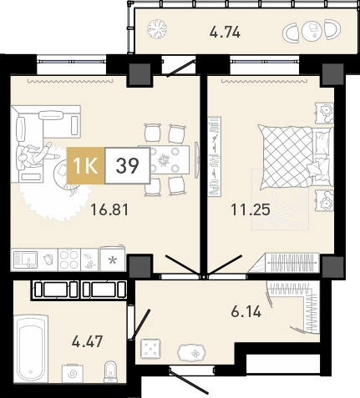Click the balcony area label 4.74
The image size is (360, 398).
pos(225,33)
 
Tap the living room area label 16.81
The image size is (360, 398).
pos(109,209)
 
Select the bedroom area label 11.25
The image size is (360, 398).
pos(250,209)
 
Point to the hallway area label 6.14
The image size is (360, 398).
pos(246,311)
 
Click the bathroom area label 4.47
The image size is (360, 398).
pos(87,341)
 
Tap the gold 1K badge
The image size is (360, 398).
pos(85,166)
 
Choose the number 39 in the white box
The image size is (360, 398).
pos(127,166)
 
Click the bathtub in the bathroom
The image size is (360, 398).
pos(31,350)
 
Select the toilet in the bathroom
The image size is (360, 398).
pos(110,372)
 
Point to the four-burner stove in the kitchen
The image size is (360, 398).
pos(69,259)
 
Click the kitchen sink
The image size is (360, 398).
pos(25,259)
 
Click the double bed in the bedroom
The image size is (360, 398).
pos(296,158)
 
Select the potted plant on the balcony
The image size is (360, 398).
pos(157,29)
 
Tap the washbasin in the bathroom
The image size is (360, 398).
pos(73,373)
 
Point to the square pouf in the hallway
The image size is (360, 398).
pos(150,348)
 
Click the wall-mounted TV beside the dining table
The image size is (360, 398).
pos(197,159)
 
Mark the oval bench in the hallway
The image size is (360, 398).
pos(192,353)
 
